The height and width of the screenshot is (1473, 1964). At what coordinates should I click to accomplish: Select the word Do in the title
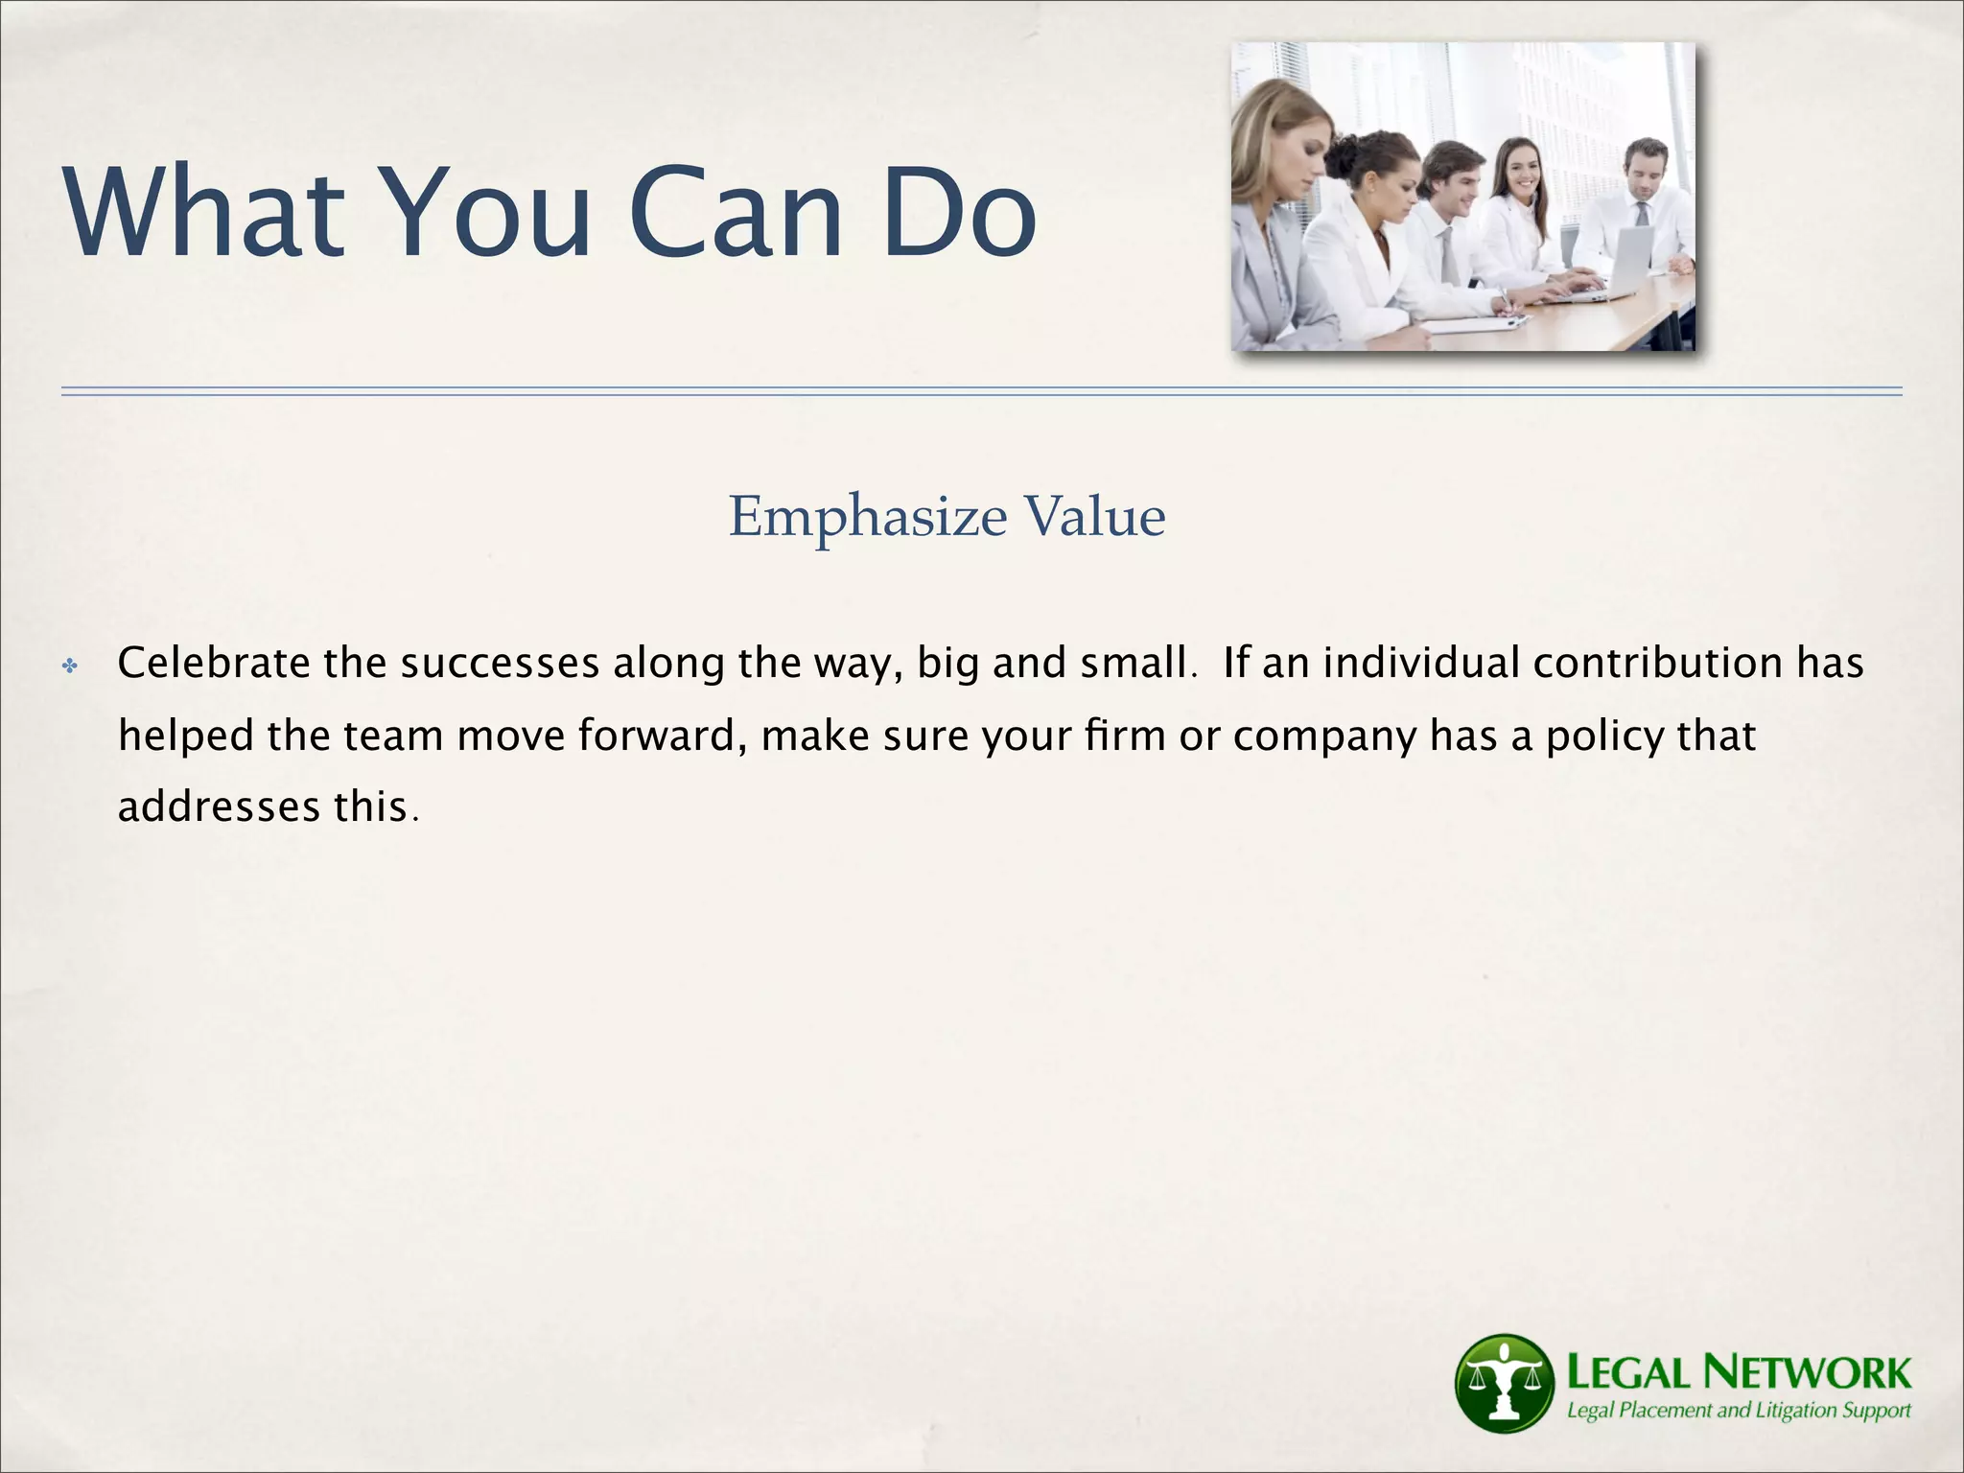click(x=959, y=213)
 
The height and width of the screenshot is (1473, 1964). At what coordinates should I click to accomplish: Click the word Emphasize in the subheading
click(x=867, y=518)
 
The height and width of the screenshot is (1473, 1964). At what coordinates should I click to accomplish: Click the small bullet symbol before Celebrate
click(x=69, y=666)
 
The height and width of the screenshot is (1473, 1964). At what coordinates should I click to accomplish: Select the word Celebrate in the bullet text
click(x=213, y=664)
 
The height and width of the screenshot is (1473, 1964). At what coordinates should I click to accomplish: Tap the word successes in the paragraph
click(x=500, y=664)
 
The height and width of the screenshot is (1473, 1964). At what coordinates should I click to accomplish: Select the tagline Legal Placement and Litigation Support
click(x=1738, y=1411)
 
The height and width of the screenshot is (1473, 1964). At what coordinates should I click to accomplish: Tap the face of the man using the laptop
click(x=1646, y=171)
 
